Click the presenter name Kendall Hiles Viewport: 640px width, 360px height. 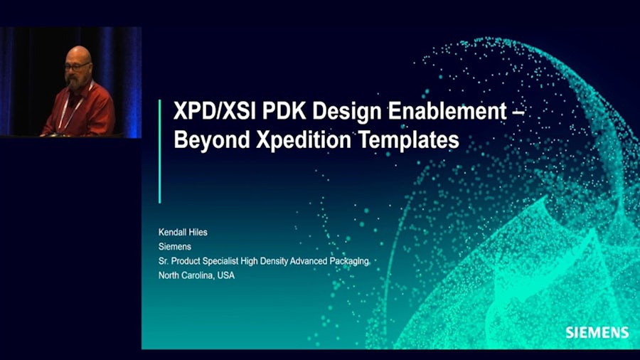pos(183,232)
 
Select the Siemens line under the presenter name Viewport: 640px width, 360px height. pos(174,247)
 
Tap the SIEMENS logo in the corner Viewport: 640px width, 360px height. pos(597,332)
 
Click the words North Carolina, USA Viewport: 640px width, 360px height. pos(196,275)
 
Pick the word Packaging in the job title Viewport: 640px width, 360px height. pos(348,261)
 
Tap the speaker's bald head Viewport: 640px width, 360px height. pos(78,55)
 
